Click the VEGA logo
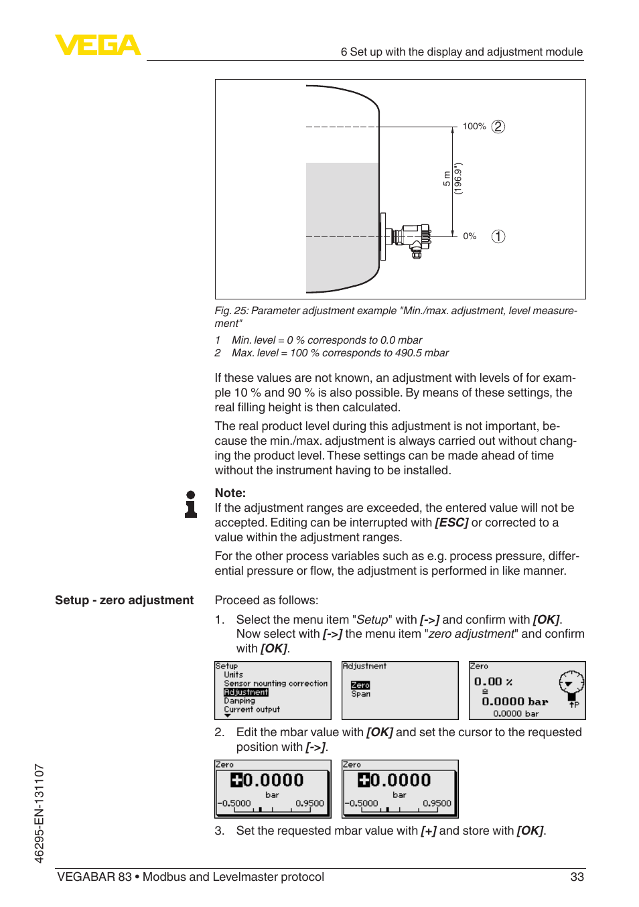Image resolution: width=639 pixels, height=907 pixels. click(x=98, y=45)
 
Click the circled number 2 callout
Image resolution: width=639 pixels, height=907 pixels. click(x=498, y=127)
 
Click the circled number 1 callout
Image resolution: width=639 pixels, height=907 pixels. click(x=498, y=236)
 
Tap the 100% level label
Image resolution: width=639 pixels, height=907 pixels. click(x=474, y=127)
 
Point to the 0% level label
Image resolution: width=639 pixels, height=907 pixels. click(x=470, y=236)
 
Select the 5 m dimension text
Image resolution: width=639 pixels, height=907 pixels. click(x=447, y=179)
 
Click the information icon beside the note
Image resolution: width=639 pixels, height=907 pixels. click(x=191, y=504)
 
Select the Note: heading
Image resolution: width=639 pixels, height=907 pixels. click(x=230, y=493)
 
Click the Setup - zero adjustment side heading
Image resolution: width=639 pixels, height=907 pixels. click(x=124, y=600)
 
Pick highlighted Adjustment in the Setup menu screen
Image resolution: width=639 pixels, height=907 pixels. click(x=246, y=692)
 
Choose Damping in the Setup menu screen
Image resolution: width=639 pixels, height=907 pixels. click(x=239, y=701)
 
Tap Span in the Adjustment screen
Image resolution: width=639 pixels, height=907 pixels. click(x=360, y=694)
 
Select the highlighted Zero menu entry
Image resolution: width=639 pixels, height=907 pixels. click(x=360, y=685)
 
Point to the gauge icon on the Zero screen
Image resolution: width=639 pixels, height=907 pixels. click(x=571, y=684)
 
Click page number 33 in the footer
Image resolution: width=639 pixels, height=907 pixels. click(x=577, y=877)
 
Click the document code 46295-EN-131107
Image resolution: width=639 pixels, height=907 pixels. click(x=39, y=813)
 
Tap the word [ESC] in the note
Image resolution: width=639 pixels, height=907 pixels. click(x=451, y=522)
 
